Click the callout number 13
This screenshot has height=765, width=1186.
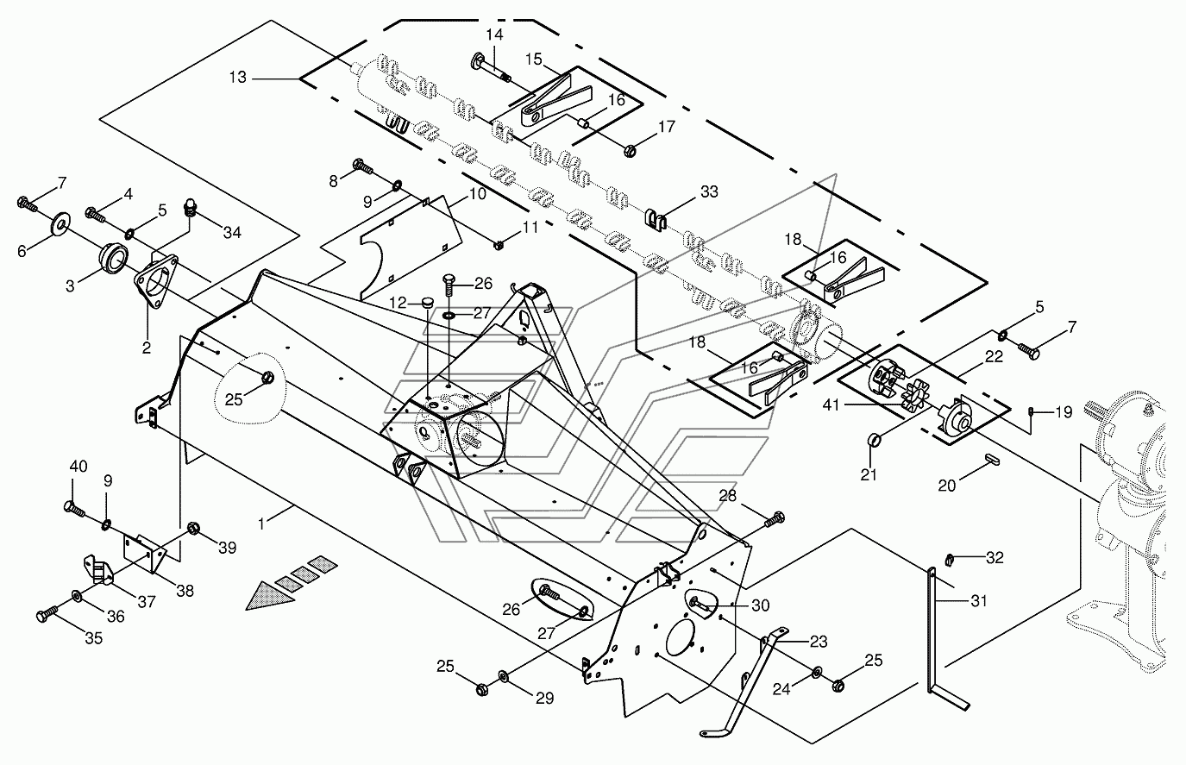click(238, 78)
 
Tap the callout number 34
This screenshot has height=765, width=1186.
click(232, 232)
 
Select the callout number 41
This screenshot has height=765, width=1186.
click(831, 405)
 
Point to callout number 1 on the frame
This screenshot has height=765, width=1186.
click(261, 524)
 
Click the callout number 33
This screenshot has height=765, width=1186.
click(710, 191)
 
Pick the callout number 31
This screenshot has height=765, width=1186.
click(978, 601)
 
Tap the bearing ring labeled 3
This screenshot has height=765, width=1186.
click(113, 258)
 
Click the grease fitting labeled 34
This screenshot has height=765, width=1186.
click(190, 207)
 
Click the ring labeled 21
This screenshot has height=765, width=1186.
click(874, 439)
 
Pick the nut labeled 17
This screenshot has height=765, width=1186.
click(630, 150)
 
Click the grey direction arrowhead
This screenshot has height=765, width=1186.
click(269, 596)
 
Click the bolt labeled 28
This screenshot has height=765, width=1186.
click(774, 519)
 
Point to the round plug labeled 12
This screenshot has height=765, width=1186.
click(427, 303)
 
